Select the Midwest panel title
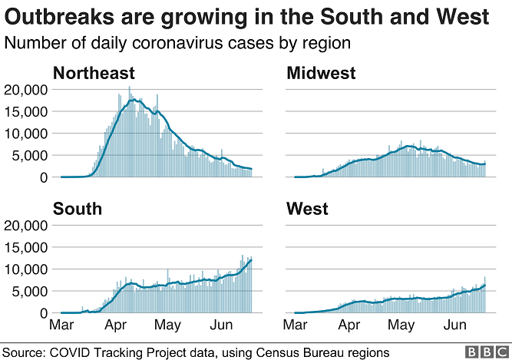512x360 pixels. [321, 74]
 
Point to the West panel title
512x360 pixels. [307, 209]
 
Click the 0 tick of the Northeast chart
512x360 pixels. [44, 177]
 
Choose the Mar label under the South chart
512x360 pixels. [63, 325]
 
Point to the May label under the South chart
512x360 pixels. [167, 325]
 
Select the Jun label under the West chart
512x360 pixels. [455, 325]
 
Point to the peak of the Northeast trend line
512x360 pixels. [136, 100]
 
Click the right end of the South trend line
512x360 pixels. [251, 259]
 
